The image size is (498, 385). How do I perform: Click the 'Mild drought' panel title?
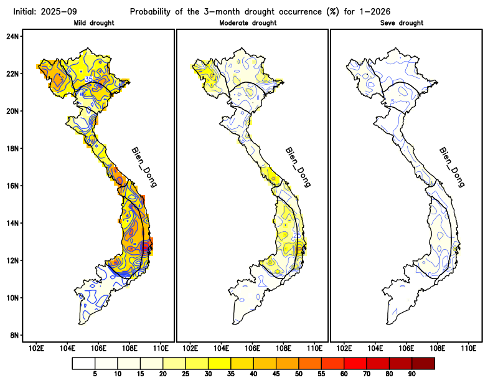98,23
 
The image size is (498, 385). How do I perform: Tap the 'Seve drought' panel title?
402,23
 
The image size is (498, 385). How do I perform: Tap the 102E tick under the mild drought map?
36,348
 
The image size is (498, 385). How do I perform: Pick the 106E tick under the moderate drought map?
252,348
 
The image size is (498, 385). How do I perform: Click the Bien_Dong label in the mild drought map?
144,167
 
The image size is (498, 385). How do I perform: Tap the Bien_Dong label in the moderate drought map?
298,167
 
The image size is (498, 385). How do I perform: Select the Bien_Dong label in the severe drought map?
451,167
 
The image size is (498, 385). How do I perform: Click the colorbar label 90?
411,374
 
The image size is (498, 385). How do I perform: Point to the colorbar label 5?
95,374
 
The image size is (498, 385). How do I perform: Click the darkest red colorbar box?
423,363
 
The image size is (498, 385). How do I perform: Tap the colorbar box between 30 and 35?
219,363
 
